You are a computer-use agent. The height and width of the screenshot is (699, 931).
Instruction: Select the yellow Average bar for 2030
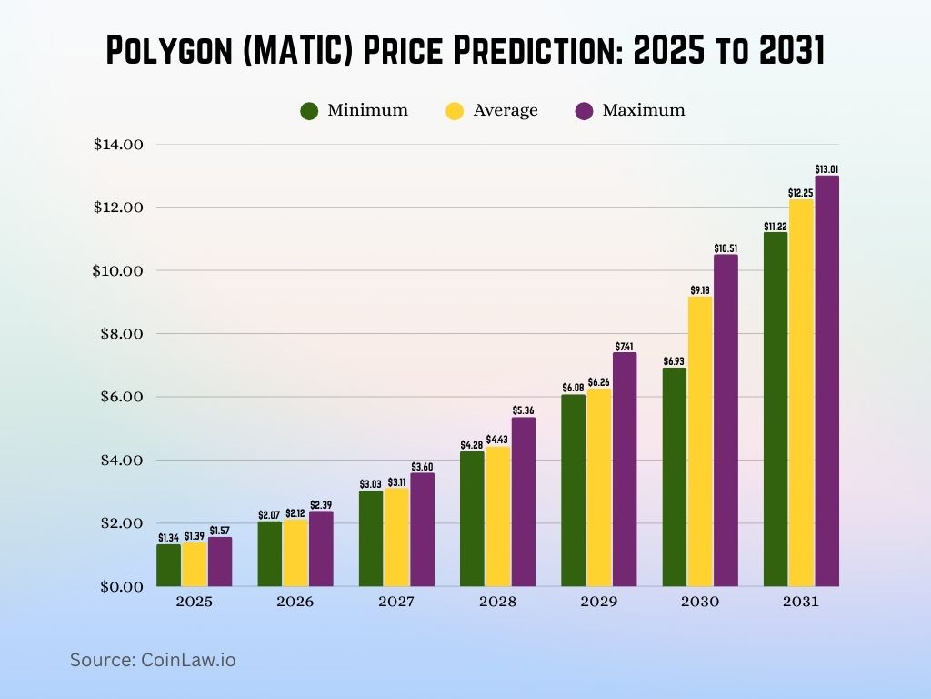(700, 441)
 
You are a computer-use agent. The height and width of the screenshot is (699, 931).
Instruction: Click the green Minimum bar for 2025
(169, 565)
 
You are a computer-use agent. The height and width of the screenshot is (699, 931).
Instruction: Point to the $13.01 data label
(826, 169)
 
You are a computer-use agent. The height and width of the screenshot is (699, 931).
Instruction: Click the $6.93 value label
(674, 360)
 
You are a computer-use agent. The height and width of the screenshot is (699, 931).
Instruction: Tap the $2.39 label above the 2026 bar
(321, 505)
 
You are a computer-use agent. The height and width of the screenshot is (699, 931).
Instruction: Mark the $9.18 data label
(700, 290)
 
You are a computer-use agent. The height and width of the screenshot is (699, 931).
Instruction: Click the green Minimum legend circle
(309, 111)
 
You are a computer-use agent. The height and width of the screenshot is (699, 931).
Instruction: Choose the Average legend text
(506, 110)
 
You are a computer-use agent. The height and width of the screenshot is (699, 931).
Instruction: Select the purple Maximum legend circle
(585, 111)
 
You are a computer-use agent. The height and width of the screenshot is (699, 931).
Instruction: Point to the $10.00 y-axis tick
(118, 270)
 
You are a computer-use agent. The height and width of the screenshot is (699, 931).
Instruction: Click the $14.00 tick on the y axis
(118, 144)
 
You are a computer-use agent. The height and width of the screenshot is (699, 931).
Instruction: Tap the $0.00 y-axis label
(122, 586)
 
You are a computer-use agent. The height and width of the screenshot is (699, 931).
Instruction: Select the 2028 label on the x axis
(497, 602)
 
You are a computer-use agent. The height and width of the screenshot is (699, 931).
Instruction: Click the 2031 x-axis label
(800, 602)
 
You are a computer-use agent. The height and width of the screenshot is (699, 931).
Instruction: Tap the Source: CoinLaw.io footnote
(153, 660)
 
